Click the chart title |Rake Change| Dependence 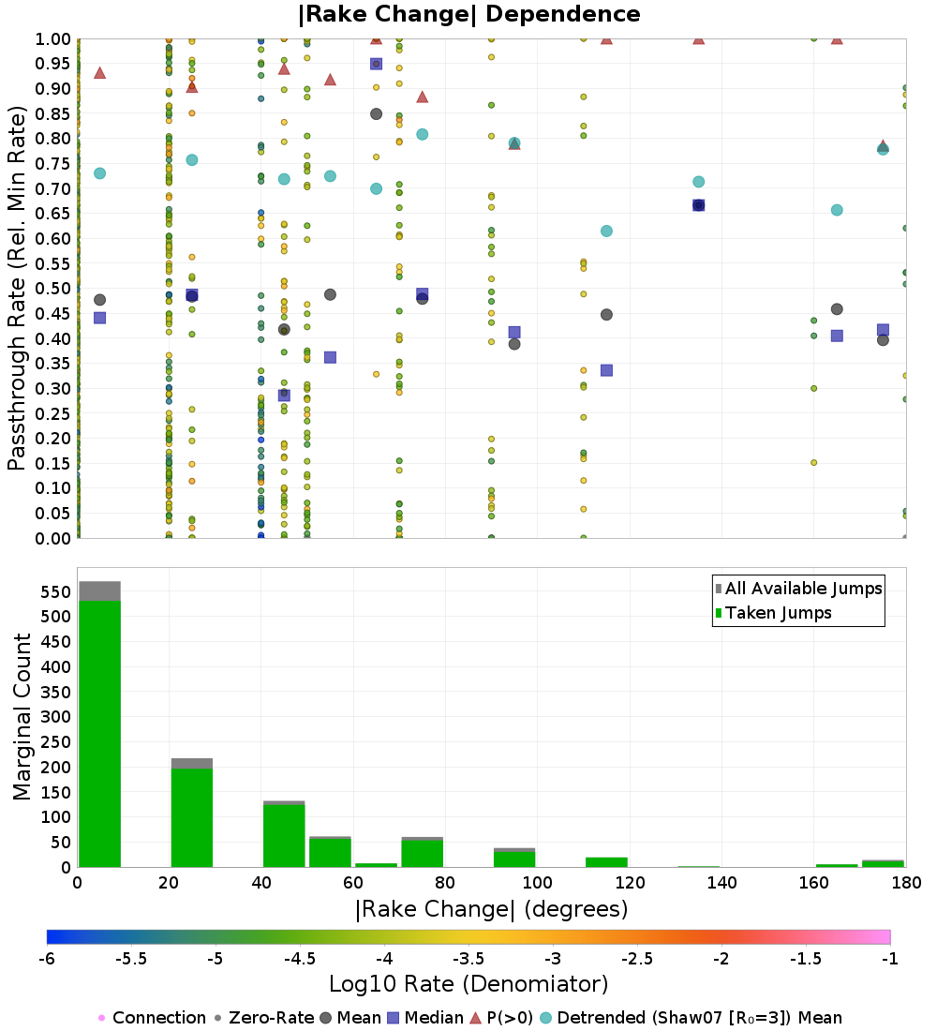point(468,14)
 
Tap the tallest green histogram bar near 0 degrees point(100,734)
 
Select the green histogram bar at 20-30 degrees point(192,818)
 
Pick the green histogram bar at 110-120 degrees point(606,862)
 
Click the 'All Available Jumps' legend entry point(798,589)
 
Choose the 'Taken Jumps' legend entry point(773,613)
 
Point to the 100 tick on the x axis point(538,882)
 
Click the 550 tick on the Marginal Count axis point(56,591)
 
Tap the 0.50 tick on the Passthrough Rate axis point(52,289)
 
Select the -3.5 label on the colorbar point(468,959)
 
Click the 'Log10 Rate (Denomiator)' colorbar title point(468,984)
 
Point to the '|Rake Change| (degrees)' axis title point(492,909)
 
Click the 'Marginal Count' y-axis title point(22,717)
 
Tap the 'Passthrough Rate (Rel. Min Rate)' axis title point(17,288)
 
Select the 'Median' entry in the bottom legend point(426,1018)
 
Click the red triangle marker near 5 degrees point(100,72)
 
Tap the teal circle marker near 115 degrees point(606,231)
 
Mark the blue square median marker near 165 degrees point(837,336)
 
